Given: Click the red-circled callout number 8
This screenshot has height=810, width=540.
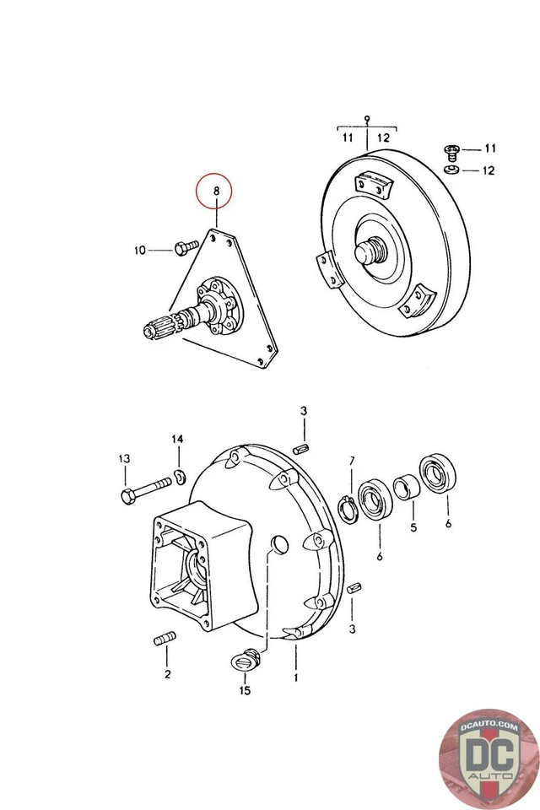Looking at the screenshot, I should tap(216, 192).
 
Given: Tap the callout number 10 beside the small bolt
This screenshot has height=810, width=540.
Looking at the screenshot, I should tap(140, 250).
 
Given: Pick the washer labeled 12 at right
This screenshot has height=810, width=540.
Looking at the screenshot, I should tap(451, 170).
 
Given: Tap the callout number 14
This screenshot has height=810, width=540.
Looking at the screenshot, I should tap(177, 440).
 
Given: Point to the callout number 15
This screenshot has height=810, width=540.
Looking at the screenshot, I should tap(246, 691).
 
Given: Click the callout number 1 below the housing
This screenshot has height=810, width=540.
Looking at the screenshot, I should tap(295, 677).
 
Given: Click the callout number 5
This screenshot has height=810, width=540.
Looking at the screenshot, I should tap(413, 529).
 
